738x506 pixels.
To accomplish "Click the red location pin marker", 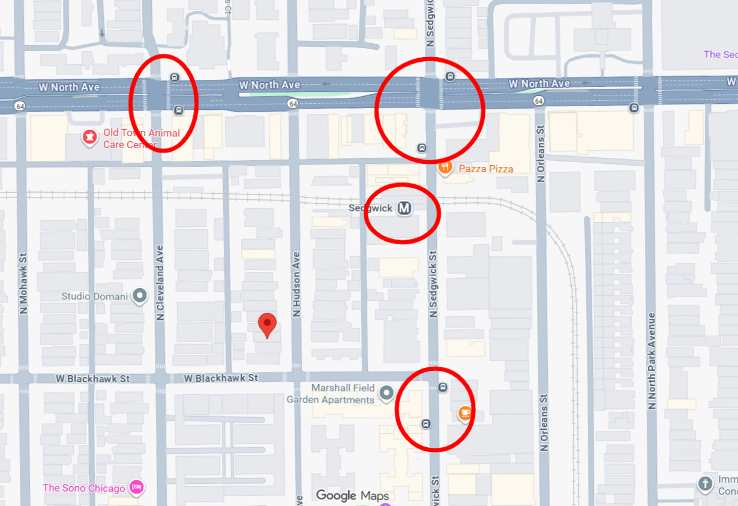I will click(267, 324).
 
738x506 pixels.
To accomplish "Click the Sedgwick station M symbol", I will click(405, 208).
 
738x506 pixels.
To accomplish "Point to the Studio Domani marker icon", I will click(140, 296).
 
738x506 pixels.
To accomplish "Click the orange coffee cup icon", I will click(464, 413).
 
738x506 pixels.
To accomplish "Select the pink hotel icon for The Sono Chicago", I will click(137, 487).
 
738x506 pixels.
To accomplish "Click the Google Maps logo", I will click(352, 495).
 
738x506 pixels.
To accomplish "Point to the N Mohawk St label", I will click(23, 285).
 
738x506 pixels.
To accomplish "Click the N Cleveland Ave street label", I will click(160, 282).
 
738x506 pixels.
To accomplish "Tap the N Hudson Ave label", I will click(296, 283).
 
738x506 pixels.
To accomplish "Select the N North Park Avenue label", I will click(651, 360).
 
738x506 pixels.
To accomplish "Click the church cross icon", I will click(706, 483).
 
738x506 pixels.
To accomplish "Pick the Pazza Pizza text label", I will click(486, 169).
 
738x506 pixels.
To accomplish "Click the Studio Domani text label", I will click(95, 297).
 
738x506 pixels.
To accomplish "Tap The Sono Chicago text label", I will click(83, 488).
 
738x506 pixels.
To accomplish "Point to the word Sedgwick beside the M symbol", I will click(371, 208).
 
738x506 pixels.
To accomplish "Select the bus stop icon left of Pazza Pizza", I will click(422, 148).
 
